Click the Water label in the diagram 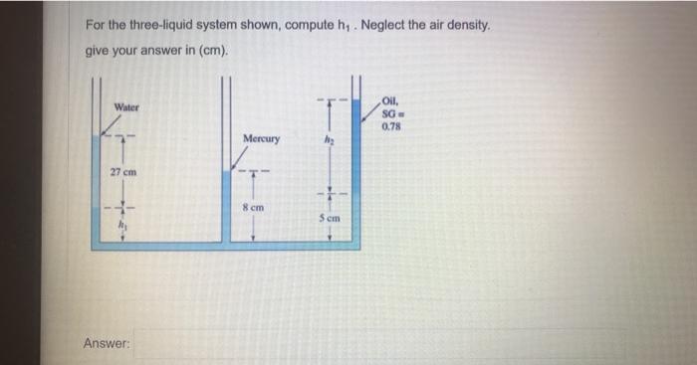pos(126,106)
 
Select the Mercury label pos(262,138)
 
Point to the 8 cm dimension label pos(253,207)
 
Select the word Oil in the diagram pos(389,98)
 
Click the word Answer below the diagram pos(107,343)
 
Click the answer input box pos(378,344)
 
